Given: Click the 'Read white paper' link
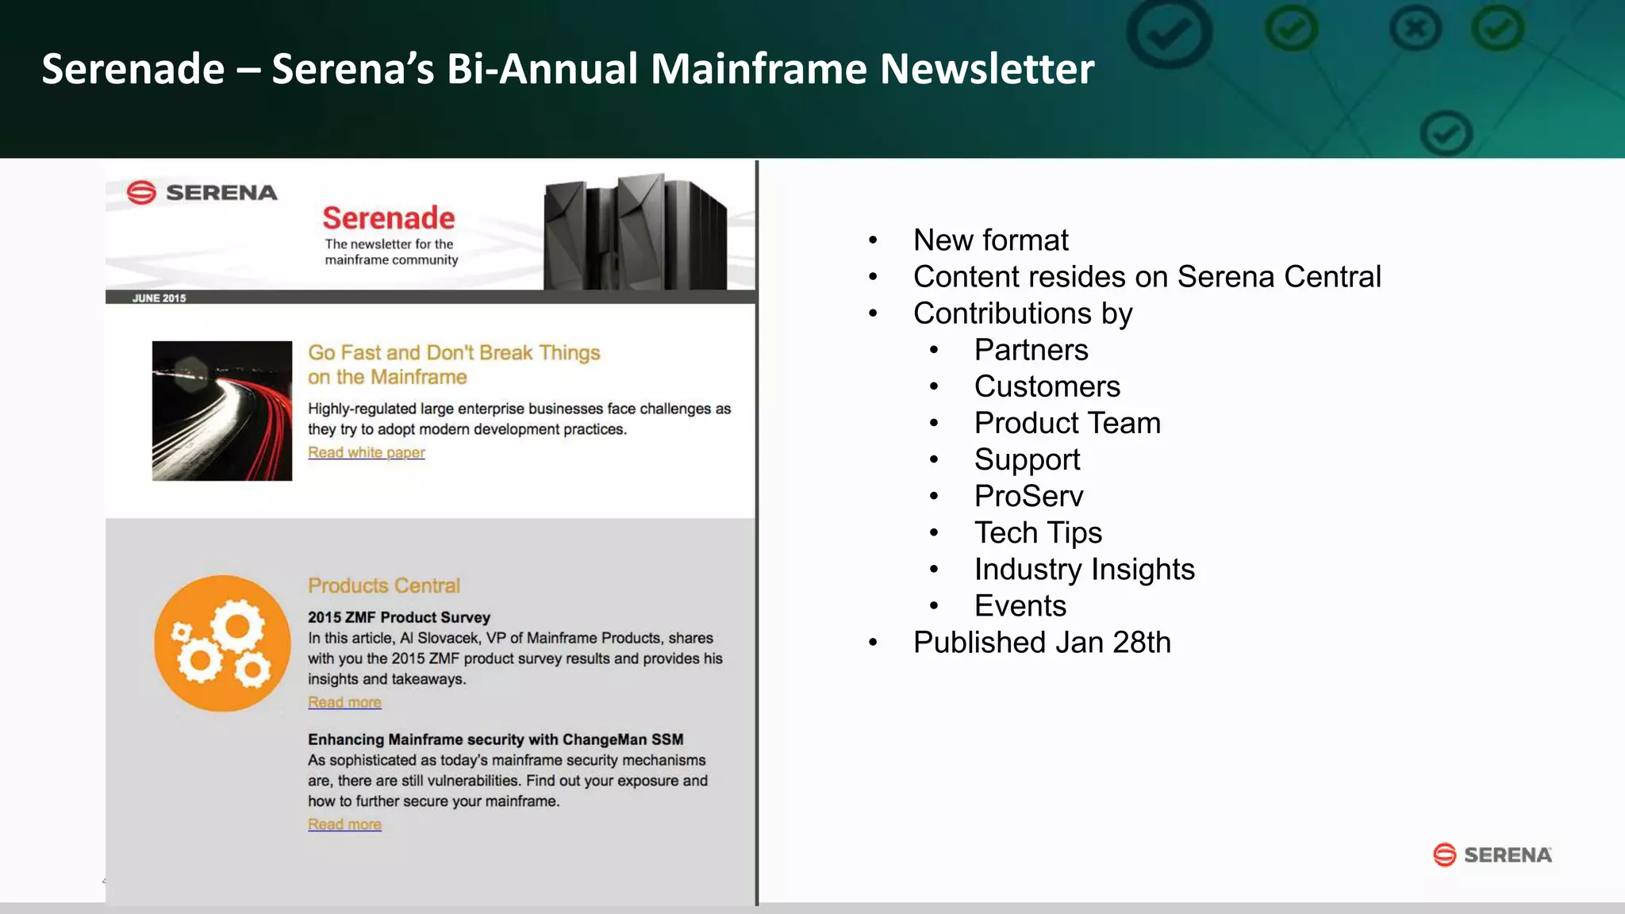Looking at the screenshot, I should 366,452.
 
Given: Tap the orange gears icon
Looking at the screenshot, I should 222,643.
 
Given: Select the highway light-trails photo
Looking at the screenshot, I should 222,410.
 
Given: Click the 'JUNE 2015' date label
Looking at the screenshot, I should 159,298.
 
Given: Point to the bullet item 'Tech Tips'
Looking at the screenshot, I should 1038,532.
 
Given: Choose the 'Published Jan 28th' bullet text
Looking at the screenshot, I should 1042,642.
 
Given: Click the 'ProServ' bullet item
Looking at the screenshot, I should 1028,496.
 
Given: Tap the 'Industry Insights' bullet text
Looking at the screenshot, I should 1084,569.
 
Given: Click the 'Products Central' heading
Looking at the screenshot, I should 384,586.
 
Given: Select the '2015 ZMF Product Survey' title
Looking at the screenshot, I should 399,617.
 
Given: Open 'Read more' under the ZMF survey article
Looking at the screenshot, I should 344,702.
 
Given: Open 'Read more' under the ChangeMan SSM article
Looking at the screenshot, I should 344,824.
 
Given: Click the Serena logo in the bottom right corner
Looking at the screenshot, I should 1492,854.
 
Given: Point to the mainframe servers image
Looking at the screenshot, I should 635,232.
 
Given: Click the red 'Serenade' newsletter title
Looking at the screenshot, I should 389,218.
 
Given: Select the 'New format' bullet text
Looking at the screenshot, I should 990,240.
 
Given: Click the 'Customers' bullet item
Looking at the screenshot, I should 1047,386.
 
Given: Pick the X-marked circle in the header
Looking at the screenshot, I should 1416,30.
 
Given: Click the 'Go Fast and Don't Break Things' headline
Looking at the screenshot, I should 454,353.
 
